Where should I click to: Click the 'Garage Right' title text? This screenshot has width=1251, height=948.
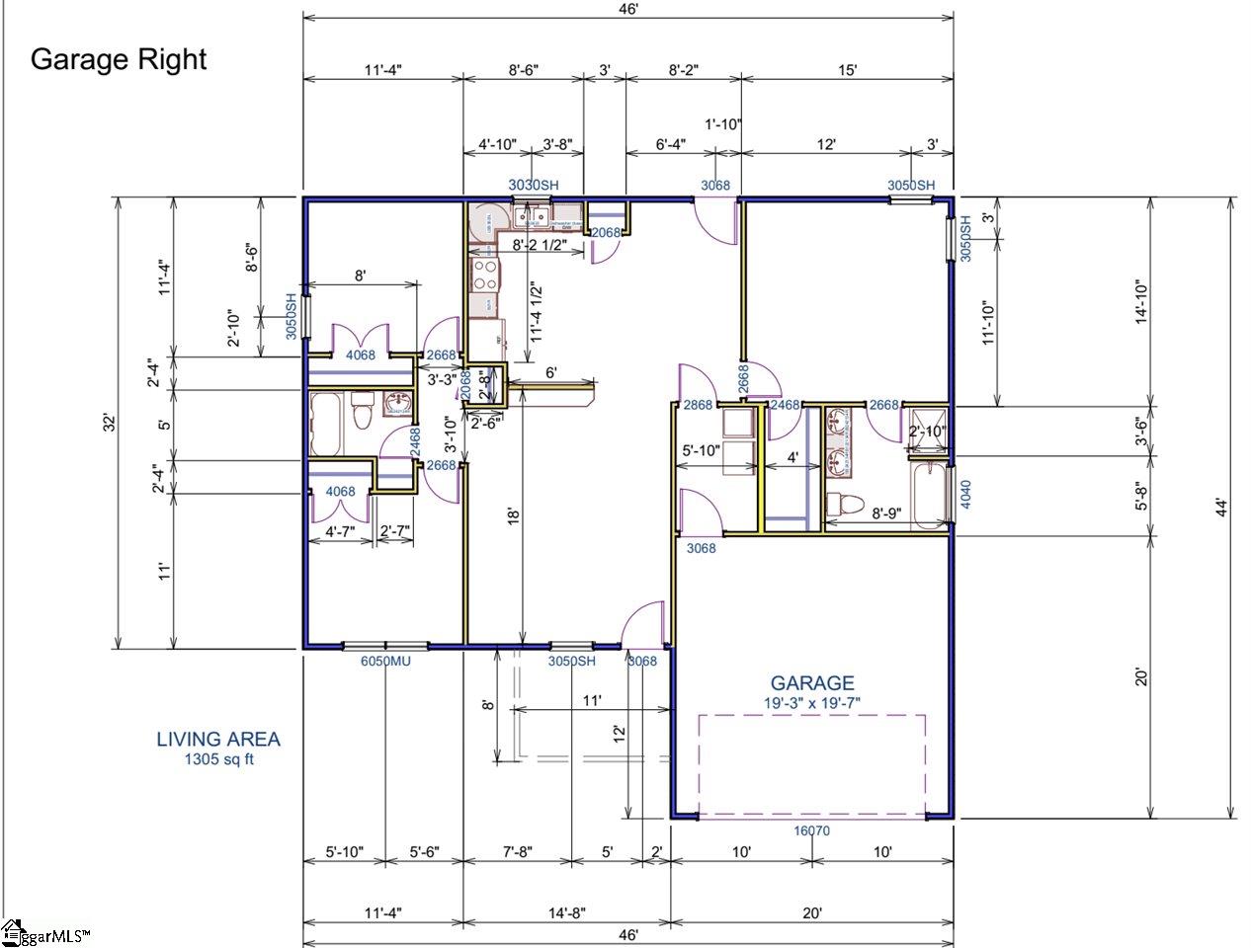(x=119, y=59)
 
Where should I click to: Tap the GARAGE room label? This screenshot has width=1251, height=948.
(x=812, y=682)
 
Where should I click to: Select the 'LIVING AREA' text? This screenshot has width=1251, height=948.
(x=218, y=739)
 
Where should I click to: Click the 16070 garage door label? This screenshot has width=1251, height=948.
(x=812, y=830)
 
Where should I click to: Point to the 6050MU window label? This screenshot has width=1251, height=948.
(x=385, y=661)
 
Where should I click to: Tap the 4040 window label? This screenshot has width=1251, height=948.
(x=966, y=495)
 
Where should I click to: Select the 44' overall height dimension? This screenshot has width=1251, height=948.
(x=1221, y=509)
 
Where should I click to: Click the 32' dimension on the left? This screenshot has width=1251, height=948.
(x=111, y=422)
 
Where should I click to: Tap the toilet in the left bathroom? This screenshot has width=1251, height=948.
(x=362, y=410)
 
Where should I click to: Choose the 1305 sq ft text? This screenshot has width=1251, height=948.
(x=218, y=759)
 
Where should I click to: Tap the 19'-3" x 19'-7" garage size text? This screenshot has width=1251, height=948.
(x=812, y=703)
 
